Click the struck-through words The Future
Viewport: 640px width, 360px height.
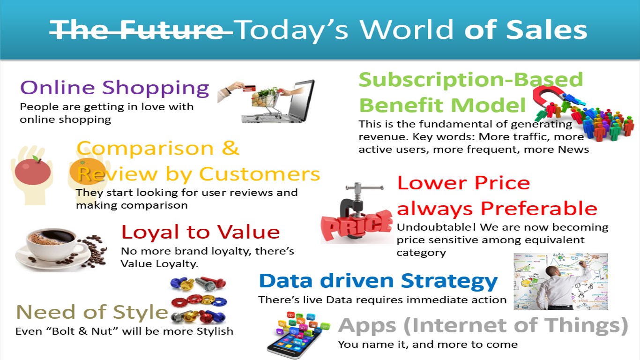[x=141, y=30]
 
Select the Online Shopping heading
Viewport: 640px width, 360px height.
[x=115, y=88]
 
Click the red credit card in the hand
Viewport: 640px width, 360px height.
[x=249, y=88]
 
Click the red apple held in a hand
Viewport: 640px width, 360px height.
[x=33, y=171]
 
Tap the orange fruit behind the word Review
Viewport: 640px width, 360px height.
[x=88, y=171]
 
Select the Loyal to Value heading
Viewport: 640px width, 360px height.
[x=201, y=232]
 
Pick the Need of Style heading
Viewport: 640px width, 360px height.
[x=92, y=312]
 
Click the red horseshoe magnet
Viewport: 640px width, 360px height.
[x=549, y=98]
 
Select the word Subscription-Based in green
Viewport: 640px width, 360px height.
[x=471, y=80]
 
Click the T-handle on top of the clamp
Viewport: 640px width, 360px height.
[x=365, y=187]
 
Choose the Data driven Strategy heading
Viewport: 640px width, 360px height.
[x=378, y=281]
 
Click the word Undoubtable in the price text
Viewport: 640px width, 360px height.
[x=436, y=227]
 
